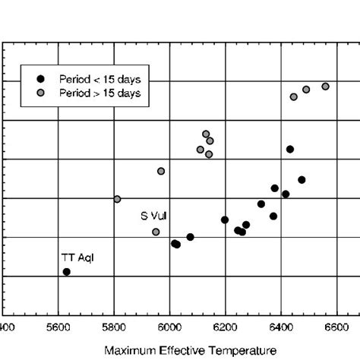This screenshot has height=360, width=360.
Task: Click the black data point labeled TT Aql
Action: coord(66,271)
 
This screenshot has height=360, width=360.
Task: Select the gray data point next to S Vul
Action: coord(156,232)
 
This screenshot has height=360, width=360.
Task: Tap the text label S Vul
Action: coord(154,216)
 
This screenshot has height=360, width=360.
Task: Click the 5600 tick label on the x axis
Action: coord(58,328)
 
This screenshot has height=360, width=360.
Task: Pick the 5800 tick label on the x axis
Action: coord(114,328)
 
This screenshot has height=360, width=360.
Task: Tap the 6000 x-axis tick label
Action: coord(169,328)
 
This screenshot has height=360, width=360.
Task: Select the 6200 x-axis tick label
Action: coord(225,328)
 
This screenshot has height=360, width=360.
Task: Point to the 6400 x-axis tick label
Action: coord(280,328)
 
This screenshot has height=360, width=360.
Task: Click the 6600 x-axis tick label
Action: coord(336,328)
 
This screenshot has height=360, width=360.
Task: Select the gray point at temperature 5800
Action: coord(117,199)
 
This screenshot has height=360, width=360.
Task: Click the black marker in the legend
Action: coord(42,78)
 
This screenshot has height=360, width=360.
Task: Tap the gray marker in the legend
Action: coord(42,92)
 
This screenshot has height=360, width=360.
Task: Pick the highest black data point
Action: coord(290,149)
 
